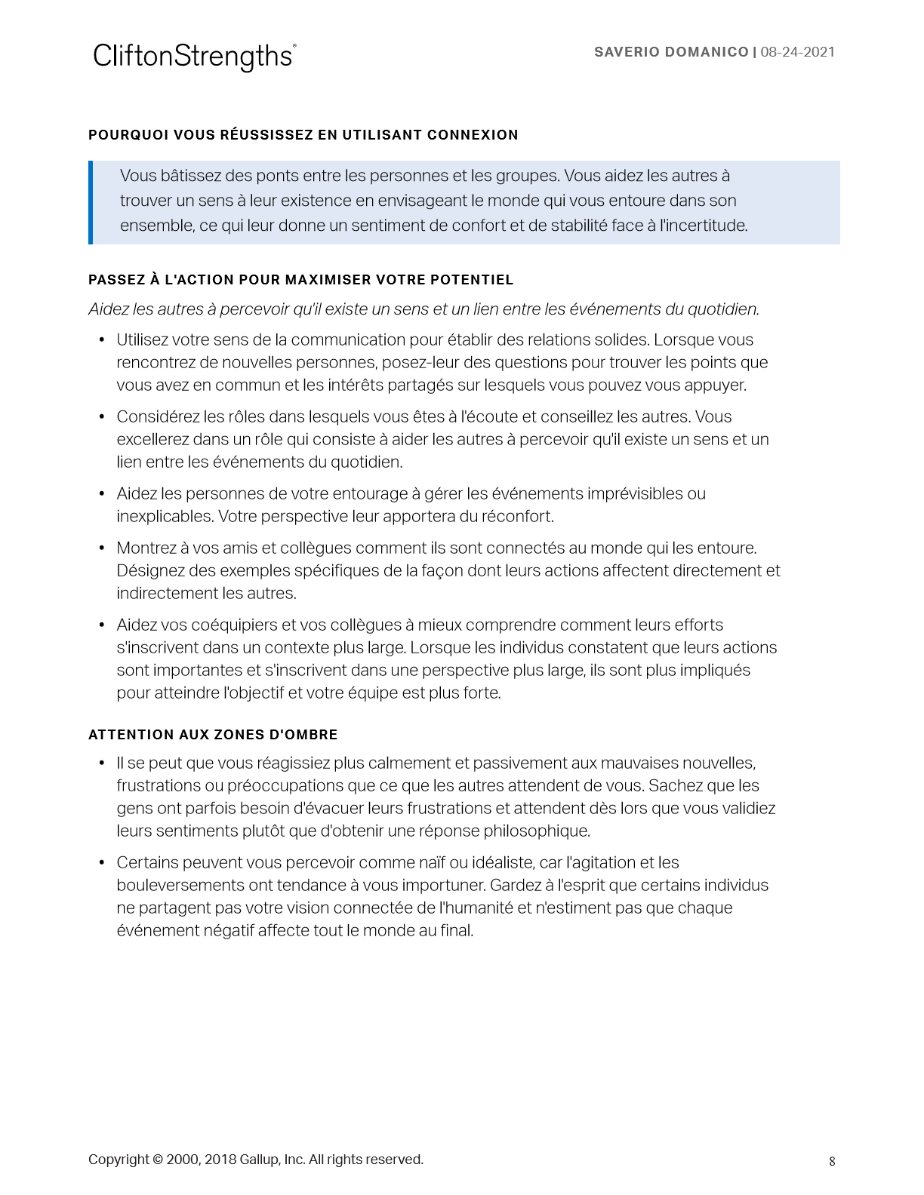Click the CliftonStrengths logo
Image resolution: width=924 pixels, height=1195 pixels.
(x=194, y=57)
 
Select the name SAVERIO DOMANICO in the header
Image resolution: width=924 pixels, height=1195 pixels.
(x=671, y=52)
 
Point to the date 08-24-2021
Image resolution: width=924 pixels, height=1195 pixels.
(x=797, y=52)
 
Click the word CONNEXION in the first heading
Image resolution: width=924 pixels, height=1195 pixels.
(x=473, y=135)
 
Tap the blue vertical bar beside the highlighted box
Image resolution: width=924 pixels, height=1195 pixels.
(x=91, y=202)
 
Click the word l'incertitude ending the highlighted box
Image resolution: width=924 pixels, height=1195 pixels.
(x=703, y=226)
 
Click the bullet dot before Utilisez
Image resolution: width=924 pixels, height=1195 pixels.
(x=102, y=340)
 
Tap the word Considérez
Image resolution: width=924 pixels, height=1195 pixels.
(x=159, y=417)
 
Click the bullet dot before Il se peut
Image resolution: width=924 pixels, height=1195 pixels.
(x=102, y=763)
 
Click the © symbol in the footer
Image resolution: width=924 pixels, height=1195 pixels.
(x=158, y=1160)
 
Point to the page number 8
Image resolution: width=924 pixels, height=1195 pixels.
(x=832, y=1162)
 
